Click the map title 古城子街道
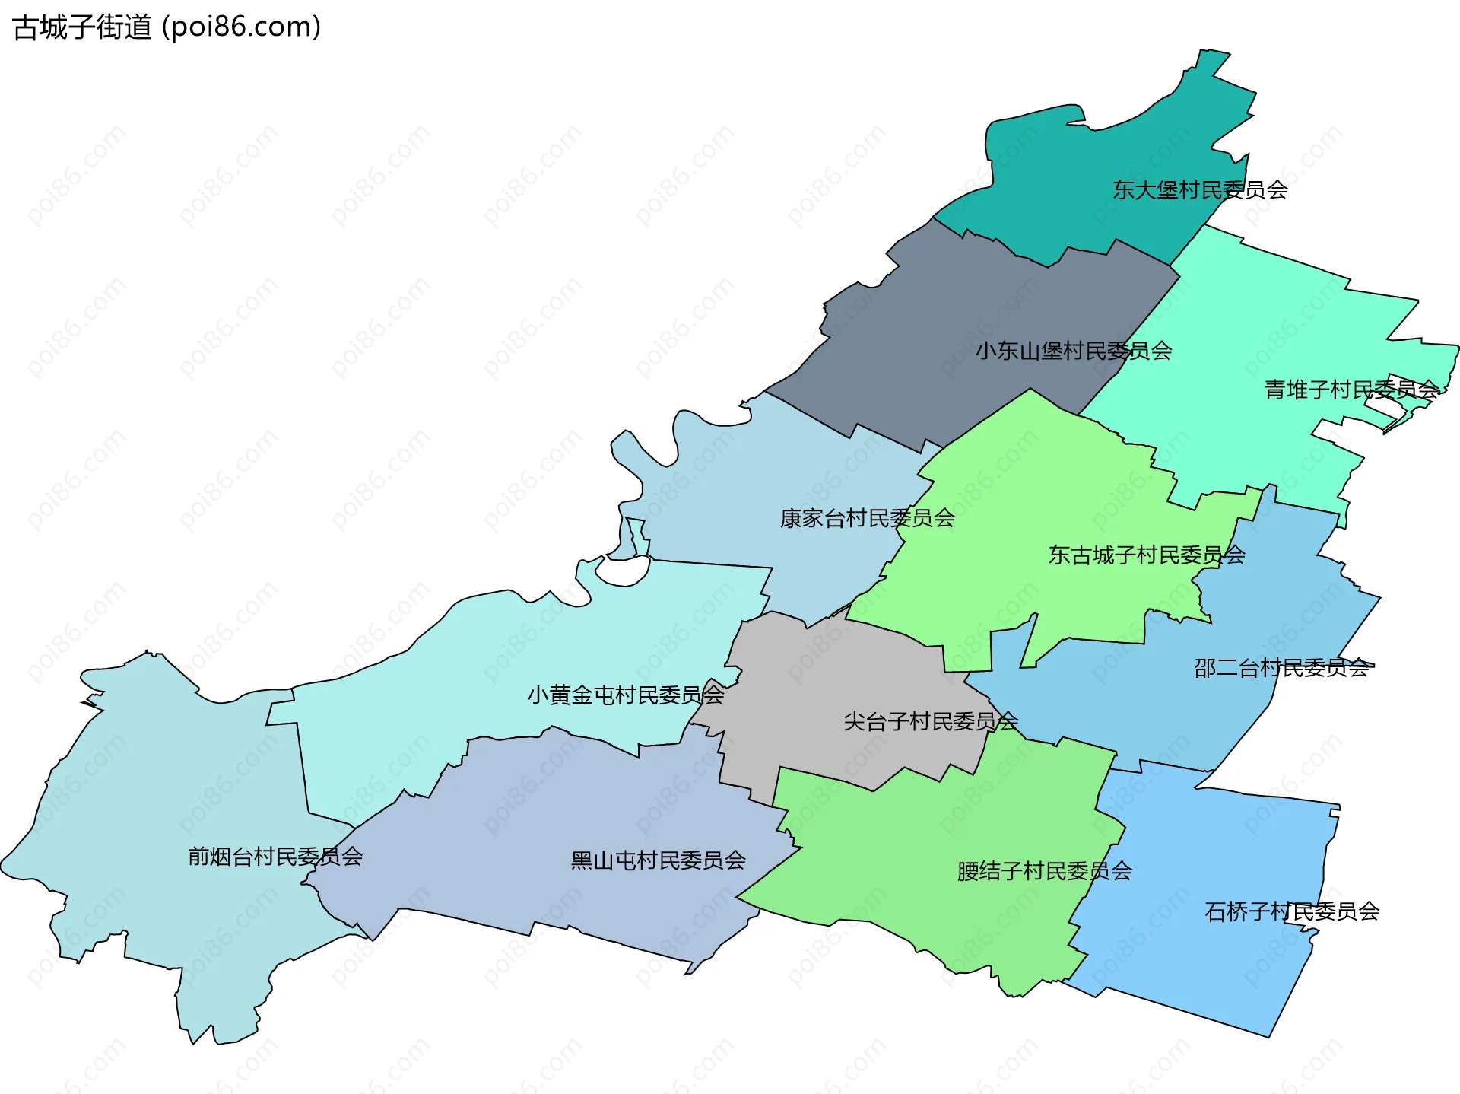[82, 27]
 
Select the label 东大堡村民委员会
[1200, 189]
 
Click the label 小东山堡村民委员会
[1073, 351]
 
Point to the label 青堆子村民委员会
[1351, 390]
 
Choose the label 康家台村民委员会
[867, 518]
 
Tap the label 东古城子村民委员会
[1146, 555]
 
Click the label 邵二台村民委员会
[1281, 668]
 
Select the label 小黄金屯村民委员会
[625, 695]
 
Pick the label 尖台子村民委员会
[930, 720]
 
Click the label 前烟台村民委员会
[275, 857]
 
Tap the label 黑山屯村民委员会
[658, 860]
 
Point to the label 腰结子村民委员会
[1044, 871]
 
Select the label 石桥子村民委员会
[1291, 911]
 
